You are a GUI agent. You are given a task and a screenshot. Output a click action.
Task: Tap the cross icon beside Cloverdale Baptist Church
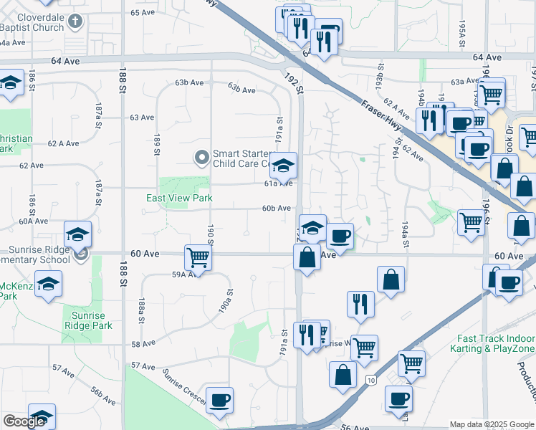point(77,21)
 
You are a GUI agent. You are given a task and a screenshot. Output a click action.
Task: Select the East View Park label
point(179,198)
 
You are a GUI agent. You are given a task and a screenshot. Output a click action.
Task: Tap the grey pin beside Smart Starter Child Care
point(202,156)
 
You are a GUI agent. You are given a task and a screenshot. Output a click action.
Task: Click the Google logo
point(24,422)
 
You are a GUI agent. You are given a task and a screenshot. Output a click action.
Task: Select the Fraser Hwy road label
point(373,108)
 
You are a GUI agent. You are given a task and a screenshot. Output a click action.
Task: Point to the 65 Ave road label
point(143,12)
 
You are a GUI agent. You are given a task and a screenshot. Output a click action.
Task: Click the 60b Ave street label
point(276,209)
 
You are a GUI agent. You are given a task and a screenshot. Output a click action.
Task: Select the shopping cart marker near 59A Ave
point(197,257)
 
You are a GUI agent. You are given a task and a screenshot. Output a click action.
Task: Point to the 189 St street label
point(156,143)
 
